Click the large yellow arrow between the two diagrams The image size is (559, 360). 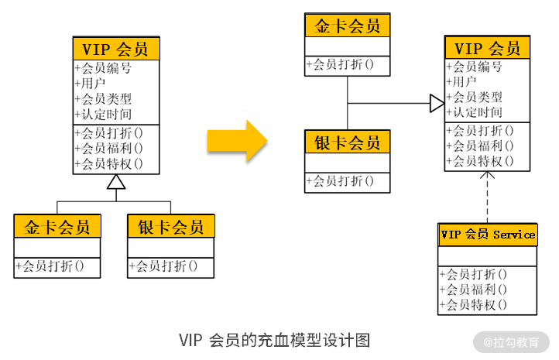pyautogui.click(x=237, y=140)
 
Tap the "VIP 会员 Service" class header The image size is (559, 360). pyautogui.click(x=488, y=235)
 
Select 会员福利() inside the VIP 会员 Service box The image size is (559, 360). pyautogui.click(x=474, y=289)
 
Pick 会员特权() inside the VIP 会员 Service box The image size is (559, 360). pyautogui.click(x=474, y=304)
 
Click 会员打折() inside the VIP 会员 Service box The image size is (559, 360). pyautogui.click(x=474, y=274)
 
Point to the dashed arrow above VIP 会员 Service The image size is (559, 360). pyautogui.click(x=488, y=197)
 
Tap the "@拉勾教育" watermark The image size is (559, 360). pyautogui.click(x=512, y=341)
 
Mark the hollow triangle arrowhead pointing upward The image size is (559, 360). pyautogui.click(x=116, y=183)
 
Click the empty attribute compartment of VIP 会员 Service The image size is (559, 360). pyautogui.click(x=488, y=255)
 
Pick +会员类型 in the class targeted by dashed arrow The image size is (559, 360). pyautogui.click(x=475, y=97)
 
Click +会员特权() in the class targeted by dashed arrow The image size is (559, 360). pyautogui.click(x=481, y=161)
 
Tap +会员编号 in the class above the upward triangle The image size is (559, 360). pyautogui.click(x=103, y=68)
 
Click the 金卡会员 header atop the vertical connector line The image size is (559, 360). pyautogui.click(x=348, y=26)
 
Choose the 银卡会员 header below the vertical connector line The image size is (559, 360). pyautogui.click(x=348, y=142)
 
